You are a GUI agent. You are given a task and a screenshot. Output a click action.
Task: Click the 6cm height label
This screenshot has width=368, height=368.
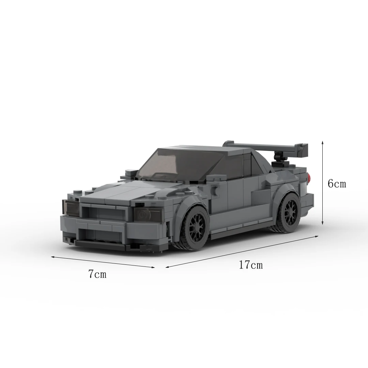click(337, 183)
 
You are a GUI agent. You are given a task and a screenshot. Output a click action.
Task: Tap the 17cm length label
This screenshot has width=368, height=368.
click(251, 265)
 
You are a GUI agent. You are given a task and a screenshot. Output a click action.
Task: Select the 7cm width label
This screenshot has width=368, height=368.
click(97, 274)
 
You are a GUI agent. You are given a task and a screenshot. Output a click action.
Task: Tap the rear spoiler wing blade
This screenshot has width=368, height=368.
click(265, 148)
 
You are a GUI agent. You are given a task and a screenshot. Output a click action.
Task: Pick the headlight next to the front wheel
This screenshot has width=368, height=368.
click(148, 214)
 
